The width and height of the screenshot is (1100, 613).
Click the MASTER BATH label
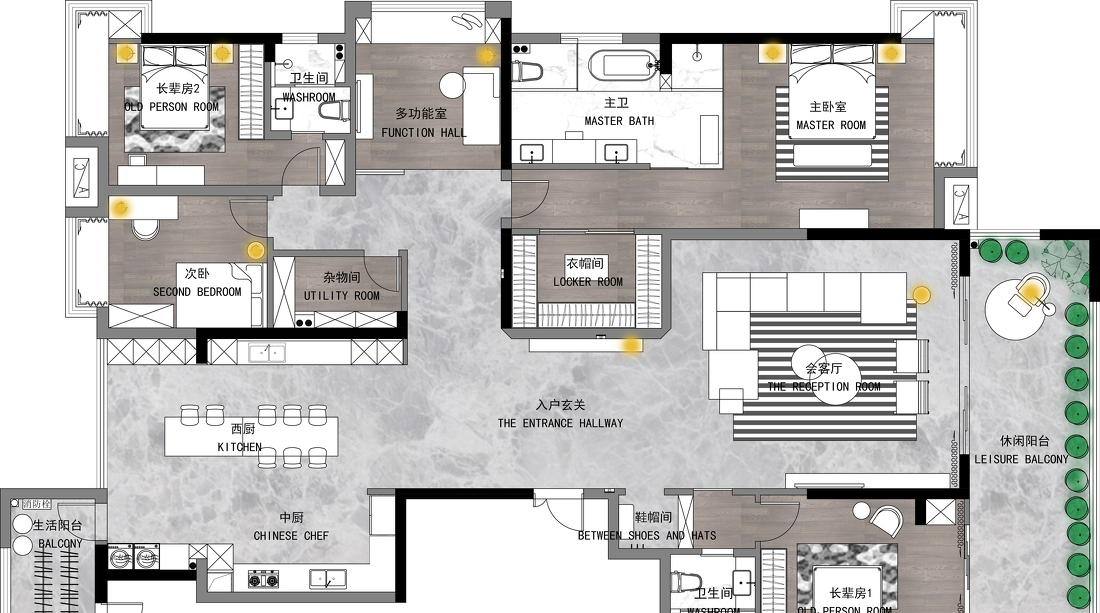click(x=619, y=121)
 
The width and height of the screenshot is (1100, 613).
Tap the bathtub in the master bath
click(x=624, y=66)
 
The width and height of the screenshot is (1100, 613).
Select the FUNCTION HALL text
click(x=424, y=132)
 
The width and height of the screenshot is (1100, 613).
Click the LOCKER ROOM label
click(x=588, y=282)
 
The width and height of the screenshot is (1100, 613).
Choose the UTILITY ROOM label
click(x=342, y=296)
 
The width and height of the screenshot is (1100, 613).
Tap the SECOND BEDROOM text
click(x=197, y=292)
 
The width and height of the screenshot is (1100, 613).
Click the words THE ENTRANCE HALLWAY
click(x=560, y=423)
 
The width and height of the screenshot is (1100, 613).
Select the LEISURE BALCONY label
click(x=1021, y=459)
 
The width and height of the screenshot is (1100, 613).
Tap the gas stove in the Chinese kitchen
click(x=263, y=578)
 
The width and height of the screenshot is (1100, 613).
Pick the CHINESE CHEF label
click(x=291, y=536)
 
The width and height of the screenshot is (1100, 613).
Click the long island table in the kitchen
click(x=251, y=437)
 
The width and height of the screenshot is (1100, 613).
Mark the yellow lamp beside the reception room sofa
click(x=921, y=294)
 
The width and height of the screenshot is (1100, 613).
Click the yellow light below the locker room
click(x=631, y=346)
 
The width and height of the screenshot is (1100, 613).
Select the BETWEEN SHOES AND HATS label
click(x=647, y=536)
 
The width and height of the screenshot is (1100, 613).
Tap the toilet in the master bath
click(x=527, y=70)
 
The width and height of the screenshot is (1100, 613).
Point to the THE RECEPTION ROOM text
click(x=824, y=387)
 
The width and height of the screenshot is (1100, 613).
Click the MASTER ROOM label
click(x=830, y=125)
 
